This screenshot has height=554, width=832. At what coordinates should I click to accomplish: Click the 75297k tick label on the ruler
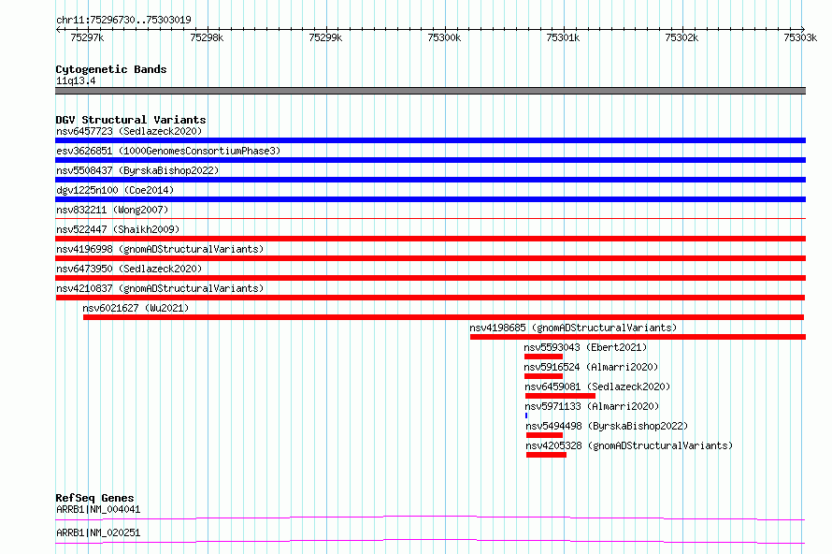87,37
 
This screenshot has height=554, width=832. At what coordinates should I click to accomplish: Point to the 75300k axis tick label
444,37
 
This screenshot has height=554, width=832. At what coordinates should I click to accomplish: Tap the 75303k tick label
800,37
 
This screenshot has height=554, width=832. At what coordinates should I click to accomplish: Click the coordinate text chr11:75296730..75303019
123,20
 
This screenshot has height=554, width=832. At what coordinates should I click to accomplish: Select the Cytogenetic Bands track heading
111,69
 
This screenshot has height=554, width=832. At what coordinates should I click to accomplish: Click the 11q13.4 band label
76,80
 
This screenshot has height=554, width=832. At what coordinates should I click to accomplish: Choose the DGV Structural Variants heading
131,120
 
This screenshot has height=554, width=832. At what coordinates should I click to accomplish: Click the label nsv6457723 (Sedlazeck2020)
129,131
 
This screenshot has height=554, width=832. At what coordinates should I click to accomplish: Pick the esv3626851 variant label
84,151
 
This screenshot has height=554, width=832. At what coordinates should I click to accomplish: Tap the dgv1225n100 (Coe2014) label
115,190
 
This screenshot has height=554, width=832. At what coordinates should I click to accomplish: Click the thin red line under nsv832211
430,218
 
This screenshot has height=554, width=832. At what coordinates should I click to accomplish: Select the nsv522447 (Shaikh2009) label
118,229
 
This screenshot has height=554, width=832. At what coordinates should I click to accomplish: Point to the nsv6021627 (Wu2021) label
136,308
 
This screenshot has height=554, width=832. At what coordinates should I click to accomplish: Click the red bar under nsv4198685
638,337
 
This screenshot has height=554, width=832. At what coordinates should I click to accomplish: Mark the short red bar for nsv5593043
543,357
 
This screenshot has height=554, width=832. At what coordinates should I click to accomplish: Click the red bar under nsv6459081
560,396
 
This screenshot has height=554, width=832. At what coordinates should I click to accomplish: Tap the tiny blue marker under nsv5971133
526,415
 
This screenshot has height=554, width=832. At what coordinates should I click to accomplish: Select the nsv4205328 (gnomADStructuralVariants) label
629,445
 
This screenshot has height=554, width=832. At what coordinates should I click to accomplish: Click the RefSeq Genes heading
94,498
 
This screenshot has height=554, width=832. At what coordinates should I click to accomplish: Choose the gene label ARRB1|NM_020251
98,532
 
